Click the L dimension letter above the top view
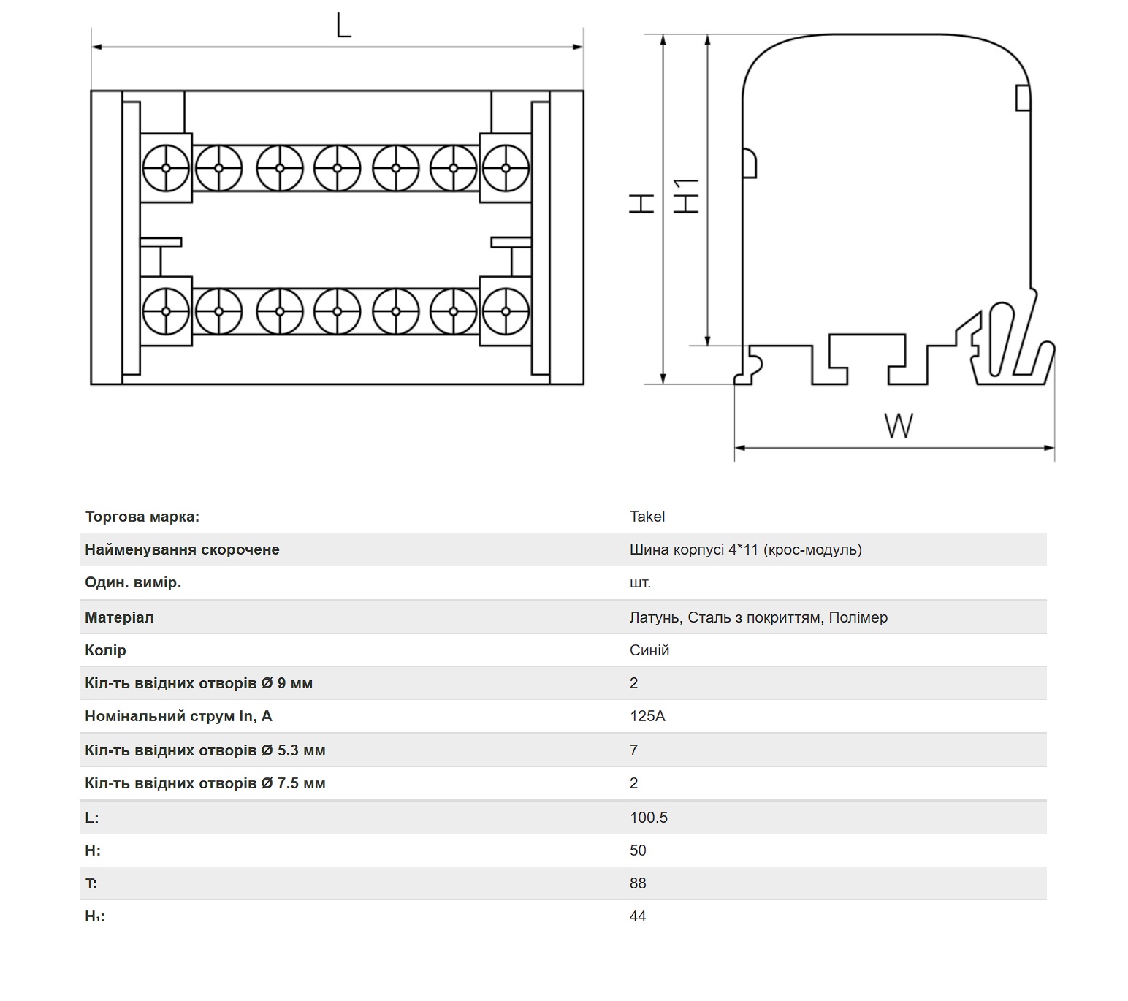click(344, 25)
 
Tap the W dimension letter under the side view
click(898, 425)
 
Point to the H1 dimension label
click(686, 196)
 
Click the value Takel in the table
click(647, 517)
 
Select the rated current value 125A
click(647, 716)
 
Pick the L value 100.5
click(648, 818)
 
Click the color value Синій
click(649, 650)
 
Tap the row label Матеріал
click(119, 617)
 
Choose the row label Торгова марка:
click(142, 517)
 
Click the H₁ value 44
click(638, 916)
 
